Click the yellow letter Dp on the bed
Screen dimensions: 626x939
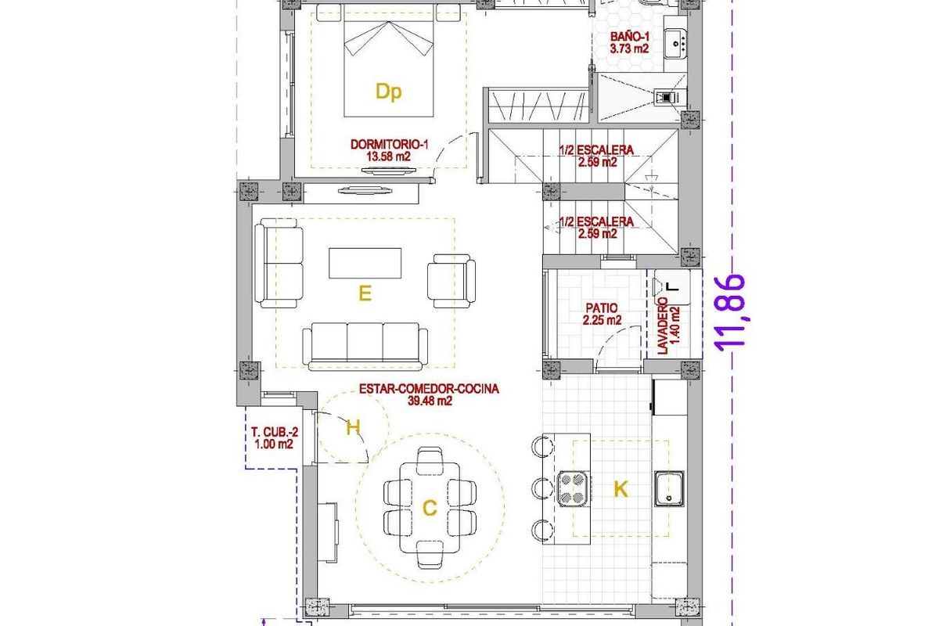388,92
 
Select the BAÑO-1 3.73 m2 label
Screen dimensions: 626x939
630,42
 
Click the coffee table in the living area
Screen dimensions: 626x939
365,263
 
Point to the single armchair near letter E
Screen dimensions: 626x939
452,279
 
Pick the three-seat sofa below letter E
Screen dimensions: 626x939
366,346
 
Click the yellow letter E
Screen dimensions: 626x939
364,294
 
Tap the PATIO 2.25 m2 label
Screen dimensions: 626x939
603,314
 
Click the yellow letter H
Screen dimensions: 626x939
353,427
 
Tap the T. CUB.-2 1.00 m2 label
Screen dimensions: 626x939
272,437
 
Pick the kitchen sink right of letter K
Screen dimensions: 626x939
670,489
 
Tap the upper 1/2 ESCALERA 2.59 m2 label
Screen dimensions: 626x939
596,156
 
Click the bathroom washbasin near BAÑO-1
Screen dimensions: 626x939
675,44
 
